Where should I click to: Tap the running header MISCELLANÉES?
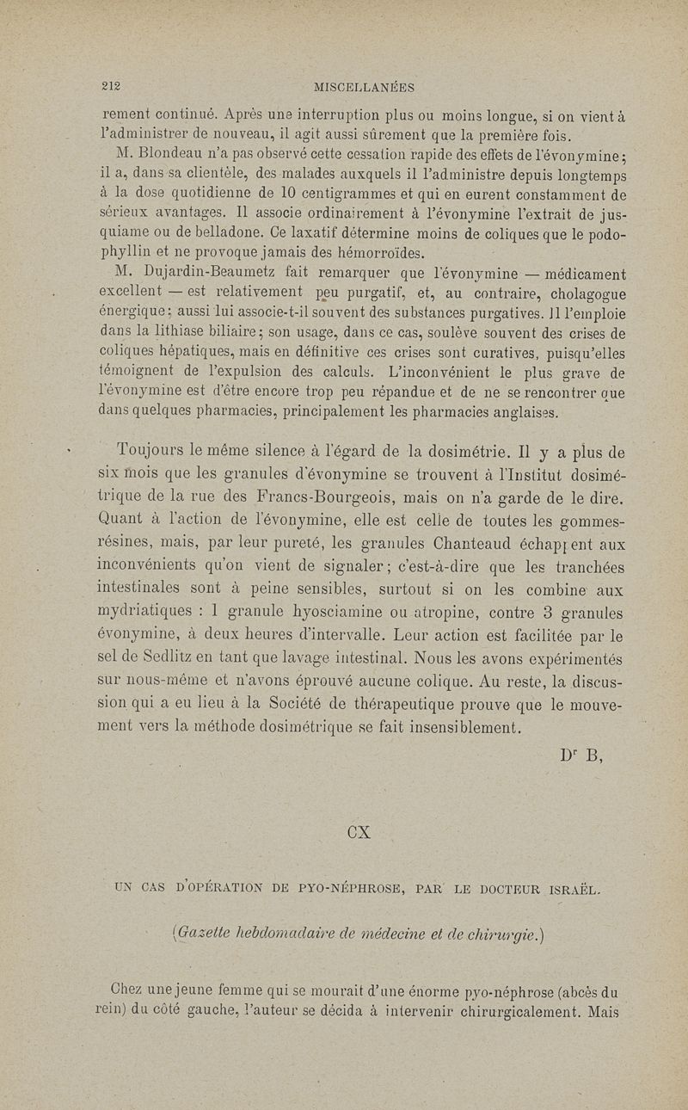point(365,87)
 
